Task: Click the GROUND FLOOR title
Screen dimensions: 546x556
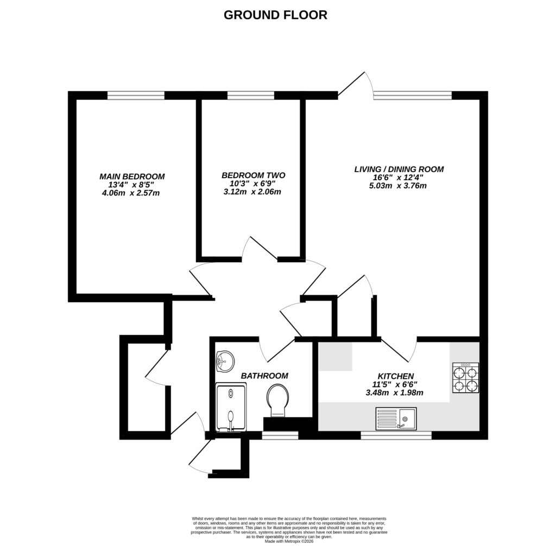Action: point(275,15)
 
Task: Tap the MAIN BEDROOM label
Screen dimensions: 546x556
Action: point(132,176)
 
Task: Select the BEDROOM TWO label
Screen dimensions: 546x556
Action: point(253,175)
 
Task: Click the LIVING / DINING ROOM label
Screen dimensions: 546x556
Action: point(399,169)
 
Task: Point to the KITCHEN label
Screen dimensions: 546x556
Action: point(396,376)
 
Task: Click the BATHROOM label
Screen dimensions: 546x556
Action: point(264,376)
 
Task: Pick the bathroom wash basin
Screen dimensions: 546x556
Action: point(224,360)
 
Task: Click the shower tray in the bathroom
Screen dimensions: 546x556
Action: point(231,408)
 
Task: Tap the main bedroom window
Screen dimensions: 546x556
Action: point(136,96)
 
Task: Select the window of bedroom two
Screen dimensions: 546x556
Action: point(250,96)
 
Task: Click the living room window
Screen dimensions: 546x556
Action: point(413,96)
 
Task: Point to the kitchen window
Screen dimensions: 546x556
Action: point(396,435)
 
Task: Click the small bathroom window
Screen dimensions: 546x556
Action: point(280,435)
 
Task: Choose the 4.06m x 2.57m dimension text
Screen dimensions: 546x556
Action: point(131,193)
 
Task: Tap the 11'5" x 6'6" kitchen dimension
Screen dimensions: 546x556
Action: point(396,385)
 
